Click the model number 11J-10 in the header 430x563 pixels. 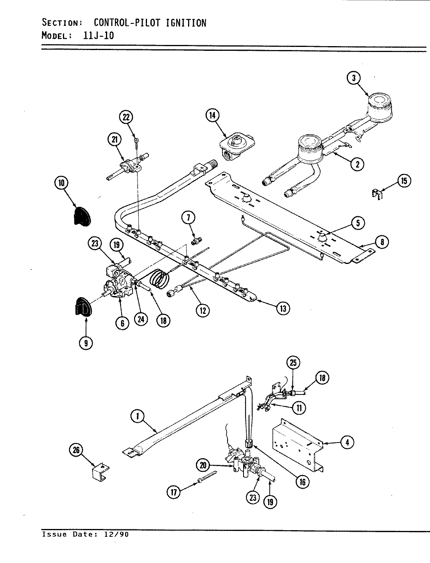tap(99, 35)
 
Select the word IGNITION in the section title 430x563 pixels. tap(186, 23)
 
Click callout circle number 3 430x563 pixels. tap(354, 78)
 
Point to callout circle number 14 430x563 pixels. tap(213, 115)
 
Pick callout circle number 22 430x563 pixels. tap(126, 117)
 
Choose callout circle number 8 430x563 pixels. tap(382, 242)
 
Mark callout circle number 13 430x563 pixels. tap(283, 308)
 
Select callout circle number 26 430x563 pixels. tap(77, 450)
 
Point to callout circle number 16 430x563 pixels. tap(302, 482)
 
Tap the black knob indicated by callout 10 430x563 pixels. tap(82, 216)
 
